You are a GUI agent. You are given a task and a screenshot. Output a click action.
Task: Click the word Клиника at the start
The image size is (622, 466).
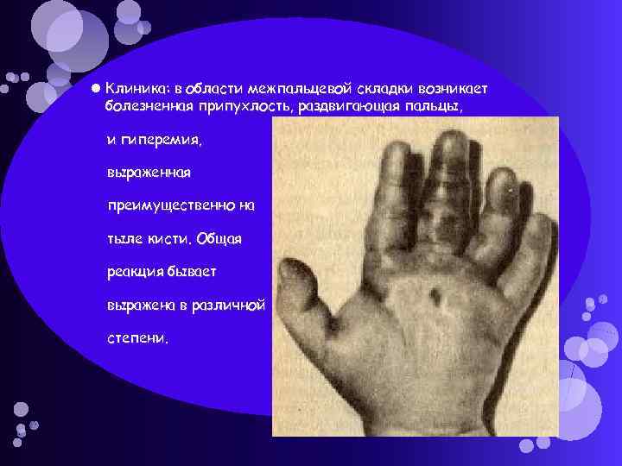click(x=132, y=89)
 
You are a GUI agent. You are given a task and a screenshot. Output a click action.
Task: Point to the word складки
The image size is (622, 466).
click(x=378, y=89)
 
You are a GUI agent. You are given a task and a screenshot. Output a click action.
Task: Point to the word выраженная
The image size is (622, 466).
click(x=149, y=173)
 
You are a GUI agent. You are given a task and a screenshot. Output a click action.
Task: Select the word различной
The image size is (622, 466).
click(x=237, y=304)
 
